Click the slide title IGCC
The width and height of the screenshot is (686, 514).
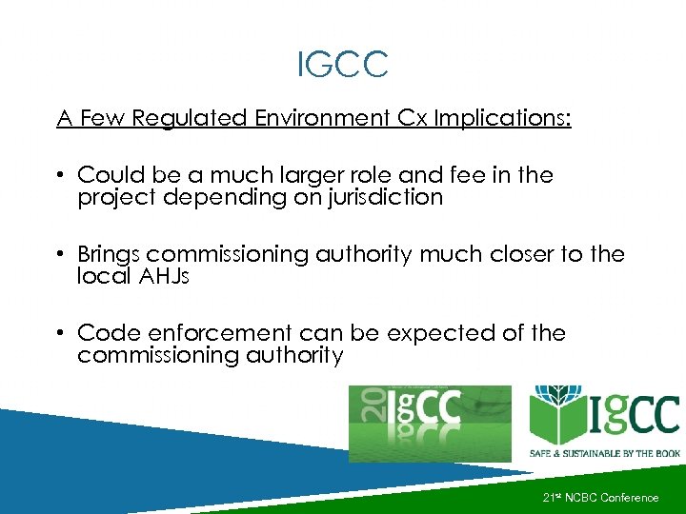342,65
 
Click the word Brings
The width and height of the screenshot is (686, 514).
109,254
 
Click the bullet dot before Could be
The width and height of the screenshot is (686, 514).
59,176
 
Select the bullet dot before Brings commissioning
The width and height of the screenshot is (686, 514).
59,255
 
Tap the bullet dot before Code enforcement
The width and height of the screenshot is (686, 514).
59,334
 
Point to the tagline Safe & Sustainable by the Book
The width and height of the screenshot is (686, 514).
604,454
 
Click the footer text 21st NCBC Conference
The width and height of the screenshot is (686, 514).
600,497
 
